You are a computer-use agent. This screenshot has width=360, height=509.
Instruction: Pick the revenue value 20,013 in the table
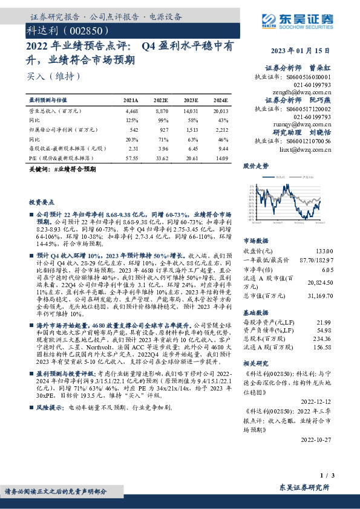[x=220, y=112]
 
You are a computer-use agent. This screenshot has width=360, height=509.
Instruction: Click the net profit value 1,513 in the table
[x=191, y=130]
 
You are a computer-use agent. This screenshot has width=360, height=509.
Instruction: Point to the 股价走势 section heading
[x=255, y=165]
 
